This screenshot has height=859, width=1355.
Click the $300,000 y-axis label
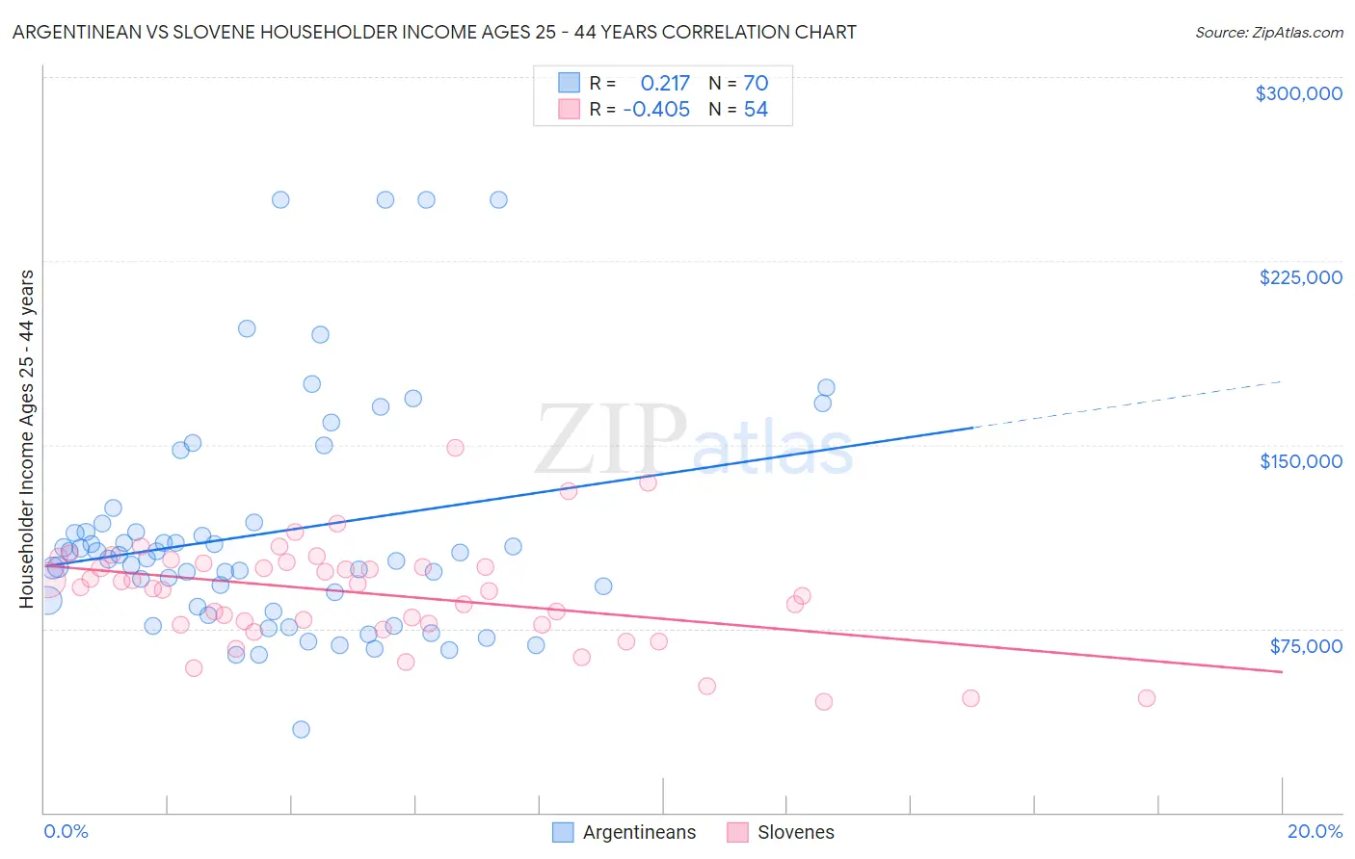(x=1298, y=93)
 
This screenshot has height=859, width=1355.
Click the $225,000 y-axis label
(x=1300, y=277)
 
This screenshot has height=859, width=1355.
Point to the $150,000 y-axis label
(x=1300, y=461)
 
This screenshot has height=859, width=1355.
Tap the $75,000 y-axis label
(x=1305, y=646)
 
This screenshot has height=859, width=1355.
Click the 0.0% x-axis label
(x=66, y=831)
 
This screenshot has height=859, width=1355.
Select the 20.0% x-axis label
(x=1315, y=831)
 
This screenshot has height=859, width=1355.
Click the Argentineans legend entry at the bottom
(x=638, y=832)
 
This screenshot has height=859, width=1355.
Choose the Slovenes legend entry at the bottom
(x=795, y=832)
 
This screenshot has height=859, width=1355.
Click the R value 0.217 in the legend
(x=665, y=84)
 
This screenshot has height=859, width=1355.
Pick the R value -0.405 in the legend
(x=656, y=110)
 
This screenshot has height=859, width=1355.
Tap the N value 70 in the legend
(x=756, y=84)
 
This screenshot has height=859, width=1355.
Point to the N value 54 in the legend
(x=756, y=110)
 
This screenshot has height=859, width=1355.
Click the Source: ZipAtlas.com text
(x=1268, y=33)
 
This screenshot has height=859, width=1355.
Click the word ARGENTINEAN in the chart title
(x=80, y=33)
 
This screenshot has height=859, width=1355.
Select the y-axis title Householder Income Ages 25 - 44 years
(x=27, y=439)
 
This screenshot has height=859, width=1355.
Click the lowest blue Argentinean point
(x=301, y=729)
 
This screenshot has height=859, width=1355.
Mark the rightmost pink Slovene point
(x=1146, y=698)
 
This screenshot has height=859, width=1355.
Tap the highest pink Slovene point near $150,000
(x=455, y=448)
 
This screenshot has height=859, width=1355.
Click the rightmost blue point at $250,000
(x=498, y=200)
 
